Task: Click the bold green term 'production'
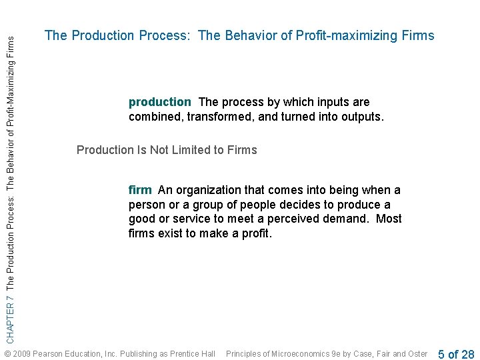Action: [x=159, y=102]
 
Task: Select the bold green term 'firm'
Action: [x=140, y=190]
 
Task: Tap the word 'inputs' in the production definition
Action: [x=335, y=102]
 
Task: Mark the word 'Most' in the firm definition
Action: [x=389, y=219]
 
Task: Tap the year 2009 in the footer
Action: [x=21, y=353]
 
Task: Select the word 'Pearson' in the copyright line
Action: [x=48, y=353]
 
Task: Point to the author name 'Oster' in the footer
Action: [x=417, y=353]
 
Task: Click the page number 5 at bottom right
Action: [x=441, y=354]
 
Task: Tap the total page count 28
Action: [x=467, y=354]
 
